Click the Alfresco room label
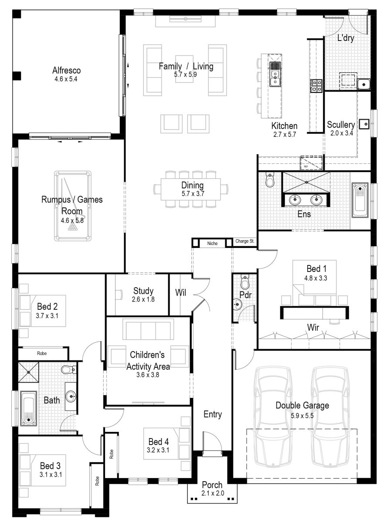coord(66,70)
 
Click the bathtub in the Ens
coord(360,200)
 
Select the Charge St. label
coord(245,241)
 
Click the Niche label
coord(213,243)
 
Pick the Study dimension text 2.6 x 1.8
coord(143,299)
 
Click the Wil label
coord(180,292)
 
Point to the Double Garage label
coord(302,406)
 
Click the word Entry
coord(212,414)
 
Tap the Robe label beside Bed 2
coord(42,353)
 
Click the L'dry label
coord(346,38)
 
